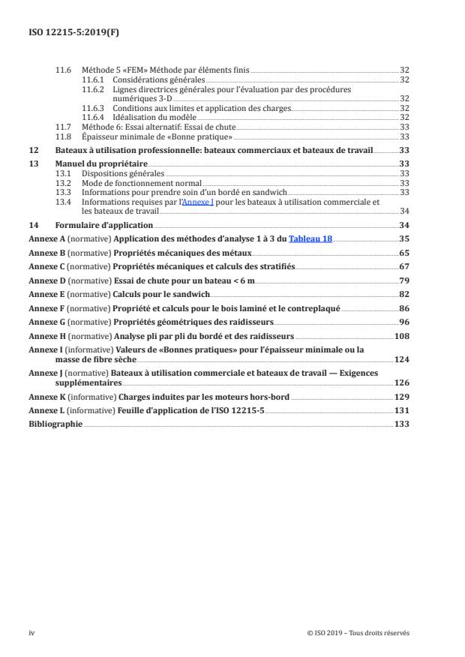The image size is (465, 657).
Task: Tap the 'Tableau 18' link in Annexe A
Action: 310,239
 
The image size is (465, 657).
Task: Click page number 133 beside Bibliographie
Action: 401,424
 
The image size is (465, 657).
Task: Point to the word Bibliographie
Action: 55,424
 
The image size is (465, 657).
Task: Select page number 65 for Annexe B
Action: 403,253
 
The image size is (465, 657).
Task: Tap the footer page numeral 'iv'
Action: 31,632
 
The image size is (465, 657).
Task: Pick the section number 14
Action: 33,225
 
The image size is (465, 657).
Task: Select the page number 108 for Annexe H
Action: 401,337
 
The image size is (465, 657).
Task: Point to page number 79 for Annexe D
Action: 403,281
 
